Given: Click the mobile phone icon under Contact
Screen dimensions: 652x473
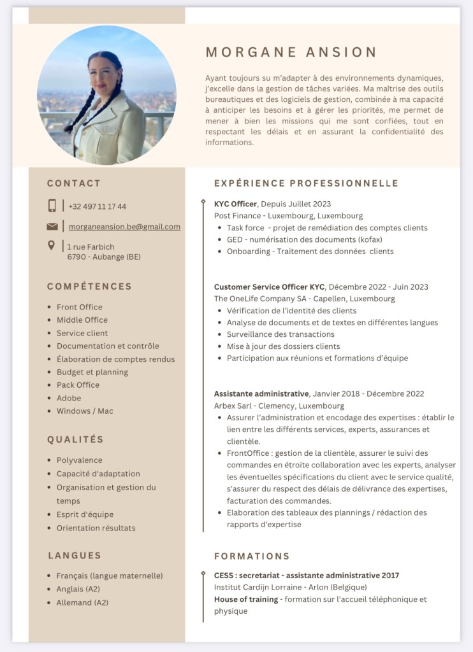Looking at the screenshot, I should (52, 206).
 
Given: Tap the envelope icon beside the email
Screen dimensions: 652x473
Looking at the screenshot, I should (52, 227).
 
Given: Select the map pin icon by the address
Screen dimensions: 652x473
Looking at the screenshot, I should (52, 246).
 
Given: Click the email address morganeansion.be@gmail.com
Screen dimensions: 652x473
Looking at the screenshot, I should (124, 227).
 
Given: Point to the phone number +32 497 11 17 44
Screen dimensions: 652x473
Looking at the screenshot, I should (97, 206).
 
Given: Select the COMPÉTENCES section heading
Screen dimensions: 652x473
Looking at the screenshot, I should (89, 287).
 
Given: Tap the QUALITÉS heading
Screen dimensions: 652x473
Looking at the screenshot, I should (75, 439).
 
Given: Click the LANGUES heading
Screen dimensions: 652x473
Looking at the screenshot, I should (75, 555).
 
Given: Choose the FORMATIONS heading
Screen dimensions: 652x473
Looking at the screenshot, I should (252, 556).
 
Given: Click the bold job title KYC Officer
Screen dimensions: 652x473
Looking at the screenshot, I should (235, 204).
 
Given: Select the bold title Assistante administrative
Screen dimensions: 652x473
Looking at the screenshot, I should (261, 393).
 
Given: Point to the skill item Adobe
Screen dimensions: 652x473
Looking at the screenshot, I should (69, 398).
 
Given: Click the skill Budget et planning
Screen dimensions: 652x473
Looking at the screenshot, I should (92, 372).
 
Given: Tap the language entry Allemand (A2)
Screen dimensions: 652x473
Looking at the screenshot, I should (82, 602).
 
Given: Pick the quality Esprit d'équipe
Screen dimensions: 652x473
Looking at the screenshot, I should (85, 514).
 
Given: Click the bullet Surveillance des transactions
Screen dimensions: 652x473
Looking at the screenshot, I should (280, 334).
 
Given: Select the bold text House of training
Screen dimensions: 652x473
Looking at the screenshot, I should (246, 599).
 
